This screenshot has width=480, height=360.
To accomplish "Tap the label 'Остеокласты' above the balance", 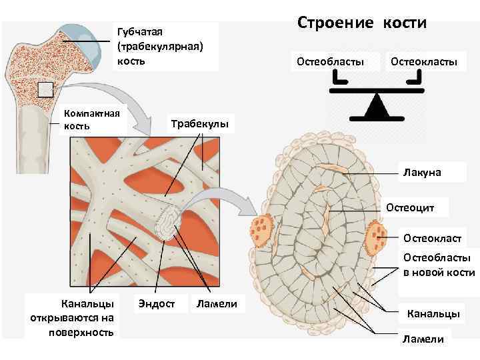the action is [424, 62].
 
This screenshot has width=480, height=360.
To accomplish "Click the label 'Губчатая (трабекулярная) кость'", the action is [159, 46].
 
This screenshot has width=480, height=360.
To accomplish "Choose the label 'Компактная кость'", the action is [91, 119].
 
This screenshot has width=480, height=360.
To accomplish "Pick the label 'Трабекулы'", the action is [200, 124].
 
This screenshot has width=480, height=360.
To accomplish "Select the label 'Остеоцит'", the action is [411, 208].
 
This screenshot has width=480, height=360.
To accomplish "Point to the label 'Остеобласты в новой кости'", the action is [437, 265].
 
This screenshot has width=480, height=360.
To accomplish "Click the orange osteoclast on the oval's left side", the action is [262, 229].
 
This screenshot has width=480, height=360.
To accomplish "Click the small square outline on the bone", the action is [45, 91].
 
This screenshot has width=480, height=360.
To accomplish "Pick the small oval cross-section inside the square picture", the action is [168, 223].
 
